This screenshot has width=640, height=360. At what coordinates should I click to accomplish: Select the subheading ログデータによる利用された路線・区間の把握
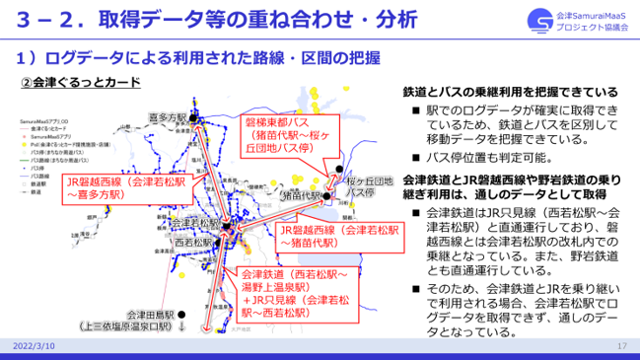click(197, 55)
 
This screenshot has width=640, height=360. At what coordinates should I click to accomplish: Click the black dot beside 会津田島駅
click(184, 317)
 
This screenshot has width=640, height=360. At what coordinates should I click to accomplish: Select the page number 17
click(621, 347)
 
